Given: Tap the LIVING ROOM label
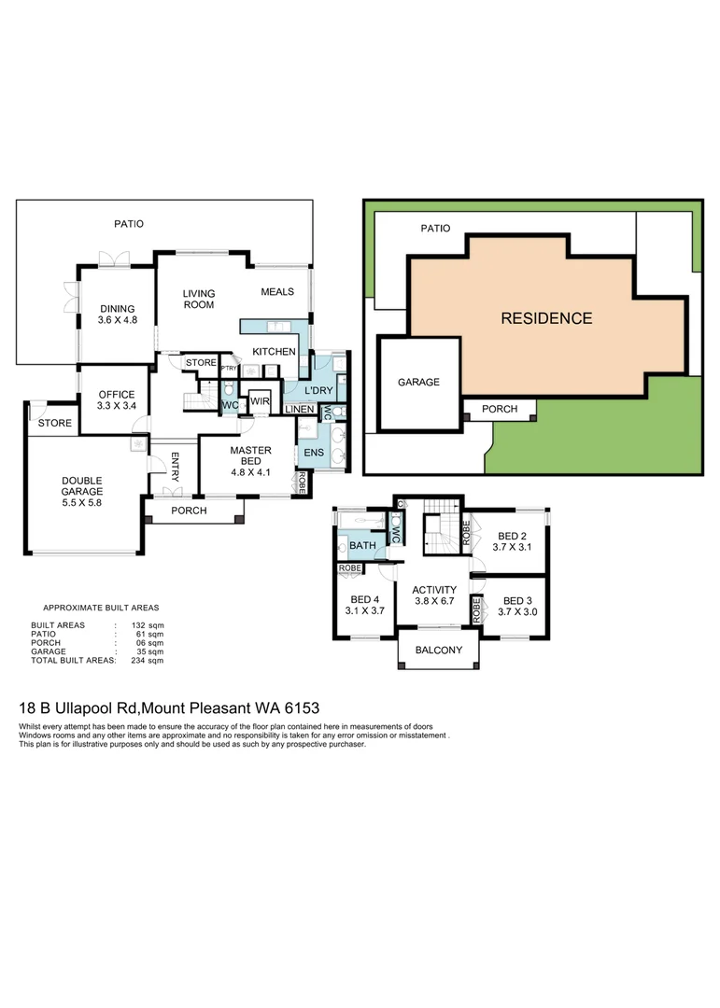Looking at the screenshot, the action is point(198,299).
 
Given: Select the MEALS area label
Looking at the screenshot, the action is point(277,292).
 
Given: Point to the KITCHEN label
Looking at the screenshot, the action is point(274,352).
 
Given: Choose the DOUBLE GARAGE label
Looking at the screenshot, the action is point(82,484).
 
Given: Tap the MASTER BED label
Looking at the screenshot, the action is point(250,456).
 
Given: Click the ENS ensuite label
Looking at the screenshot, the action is point(311,454).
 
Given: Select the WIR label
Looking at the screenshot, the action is point(259,402).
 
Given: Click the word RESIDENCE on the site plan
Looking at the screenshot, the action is point(546,318).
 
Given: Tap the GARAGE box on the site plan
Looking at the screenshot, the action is point(418,382).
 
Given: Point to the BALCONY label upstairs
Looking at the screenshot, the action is point(439,651).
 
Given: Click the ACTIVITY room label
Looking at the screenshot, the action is point(434,595).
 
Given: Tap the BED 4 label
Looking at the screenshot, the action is point(365,605).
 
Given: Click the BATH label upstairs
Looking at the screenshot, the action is point(362,544).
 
